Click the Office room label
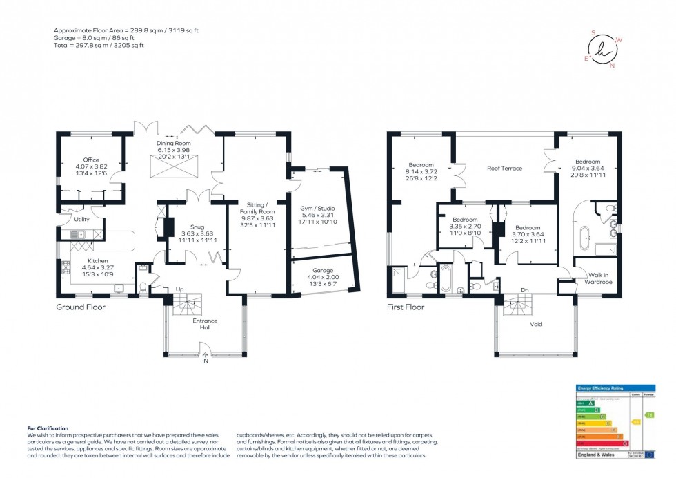(91, 160)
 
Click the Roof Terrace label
(504, 168)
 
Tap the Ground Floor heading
(81, 307)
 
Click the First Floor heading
(406, 307)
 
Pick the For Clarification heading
(48, 428)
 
